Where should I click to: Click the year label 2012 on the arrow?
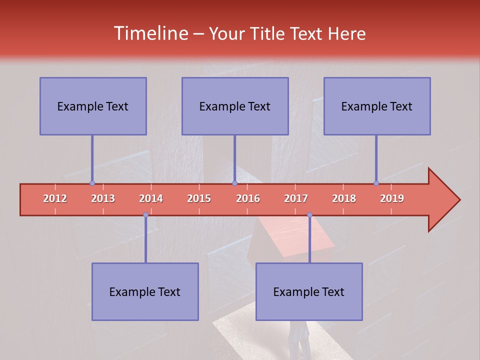pos(55,198)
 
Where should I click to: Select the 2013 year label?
pos(103,198)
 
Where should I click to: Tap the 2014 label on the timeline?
pos(151,198)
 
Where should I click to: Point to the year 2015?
pos(199,198)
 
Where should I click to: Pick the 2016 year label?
pos(248,198)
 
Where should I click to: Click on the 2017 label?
pos(296,198)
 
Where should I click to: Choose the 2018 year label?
pos(344,198)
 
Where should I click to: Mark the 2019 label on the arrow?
pos(392,198)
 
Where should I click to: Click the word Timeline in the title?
pos(150,33)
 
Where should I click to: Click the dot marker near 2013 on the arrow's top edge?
pos(92,183)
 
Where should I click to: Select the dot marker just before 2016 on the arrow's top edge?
pos(234,183)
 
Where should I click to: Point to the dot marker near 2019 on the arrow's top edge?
pos(376,183)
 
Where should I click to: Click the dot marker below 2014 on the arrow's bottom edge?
pos(145,215)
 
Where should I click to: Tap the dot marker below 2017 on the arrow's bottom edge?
pos(309,215)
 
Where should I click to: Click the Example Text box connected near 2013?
pos(93,106)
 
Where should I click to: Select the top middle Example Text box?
pos(235,106)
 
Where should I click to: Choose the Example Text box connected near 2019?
pos(377,106)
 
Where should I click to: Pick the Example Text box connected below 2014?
pos(145,292)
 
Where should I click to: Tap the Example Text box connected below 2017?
pos(309,292)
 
